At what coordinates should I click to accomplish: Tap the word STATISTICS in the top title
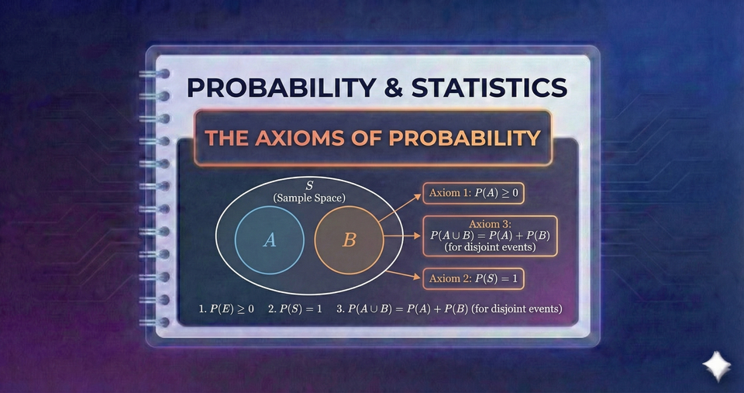(x=488, y=87)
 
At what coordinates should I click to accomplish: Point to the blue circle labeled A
(x=269, y=240)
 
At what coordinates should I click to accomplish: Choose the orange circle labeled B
(x=349, y=240)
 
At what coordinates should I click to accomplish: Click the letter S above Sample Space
(x=309, y=186)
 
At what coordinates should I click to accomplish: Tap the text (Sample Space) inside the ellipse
(x=309, y=198)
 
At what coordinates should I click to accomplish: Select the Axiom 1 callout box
(x=473, y=194)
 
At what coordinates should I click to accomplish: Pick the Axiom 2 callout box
(x=473, y=278)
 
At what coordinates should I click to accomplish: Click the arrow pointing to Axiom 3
(x=401, y=235)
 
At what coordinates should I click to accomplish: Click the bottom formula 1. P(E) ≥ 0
(x=226, y=309)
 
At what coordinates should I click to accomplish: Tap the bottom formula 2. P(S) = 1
(x=295, y=309)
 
